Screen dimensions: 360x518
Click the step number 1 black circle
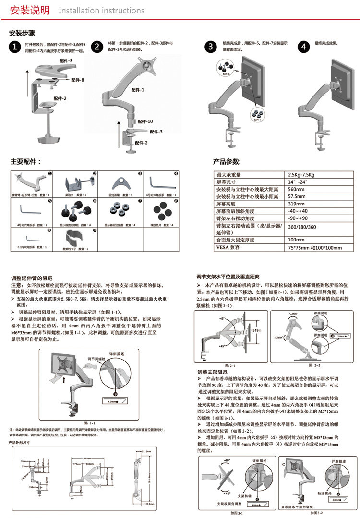(x=16, y=47)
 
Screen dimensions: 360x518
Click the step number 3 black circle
(x=211, y=47)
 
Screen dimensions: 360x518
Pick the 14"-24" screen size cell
(x=297, y=182)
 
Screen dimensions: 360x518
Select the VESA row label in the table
(x=228, y=248)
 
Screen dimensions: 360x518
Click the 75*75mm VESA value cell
(x=314, y=248)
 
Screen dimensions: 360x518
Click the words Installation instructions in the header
(x=101, y=11)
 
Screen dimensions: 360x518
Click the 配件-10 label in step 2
(x=146, y=121)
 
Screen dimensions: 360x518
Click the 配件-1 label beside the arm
(x=139, y=90)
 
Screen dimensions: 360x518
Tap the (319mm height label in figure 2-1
(x=256, y=330)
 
